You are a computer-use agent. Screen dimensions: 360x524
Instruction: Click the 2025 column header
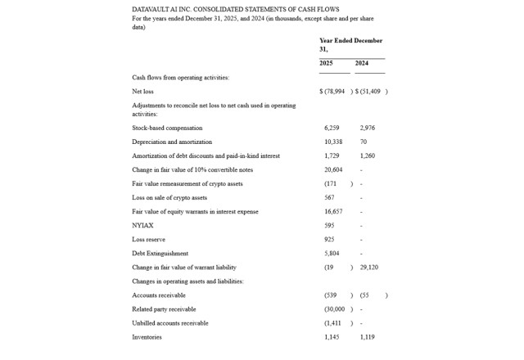326,63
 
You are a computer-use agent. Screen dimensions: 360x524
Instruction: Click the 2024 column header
362,63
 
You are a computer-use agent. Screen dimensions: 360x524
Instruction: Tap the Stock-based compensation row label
167,128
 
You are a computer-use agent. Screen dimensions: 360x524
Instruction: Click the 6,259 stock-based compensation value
332,128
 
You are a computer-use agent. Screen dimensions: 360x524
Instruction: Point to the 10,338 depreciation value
333,142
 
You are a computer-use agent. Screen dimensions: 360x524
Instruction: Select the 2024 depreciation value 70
364,142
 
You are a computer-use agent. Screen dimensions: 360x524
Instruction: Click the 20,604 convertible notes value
333,169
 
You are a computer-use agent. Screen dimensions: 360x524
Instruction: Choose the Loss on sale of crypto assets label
169,197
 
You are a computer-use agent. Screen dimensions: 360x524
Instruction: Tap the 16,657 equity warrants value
333,211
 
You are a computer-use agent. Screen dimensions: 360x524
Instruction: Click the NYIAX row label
142,225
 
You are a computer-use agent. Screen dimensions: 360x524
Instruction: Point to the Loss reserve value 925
329,239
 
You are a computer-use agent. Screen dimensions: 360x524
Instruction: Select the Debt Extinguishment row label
160,253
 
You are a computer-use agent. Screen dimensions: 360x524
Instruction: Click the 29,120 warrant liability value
368,267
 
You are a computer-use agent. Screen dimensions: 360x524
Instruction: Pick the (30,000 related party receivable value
336,308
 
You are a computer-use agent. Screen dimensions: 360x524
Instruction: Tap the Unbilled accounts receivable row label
170,322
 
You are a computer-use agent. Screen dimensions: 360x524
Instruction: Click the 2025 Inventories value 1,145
332,336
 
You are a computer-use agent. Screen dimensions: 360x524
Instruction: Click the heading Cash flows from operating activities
181,77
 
